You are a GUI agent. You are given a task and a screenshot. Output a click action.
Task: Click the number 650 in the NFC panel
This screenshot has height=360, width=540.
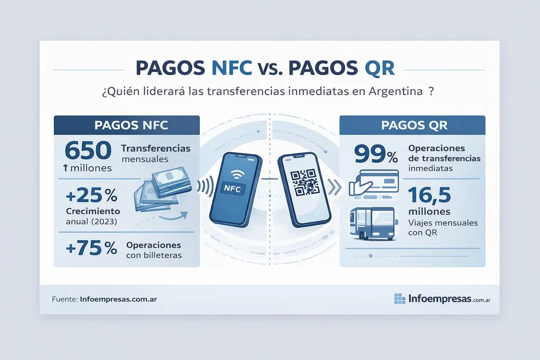pyautogui.click(x=88, y=151)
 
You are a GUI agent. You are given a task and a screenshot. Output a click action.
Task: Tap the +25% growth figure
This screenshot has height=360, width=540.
pyautogui.click(x=91, y=196)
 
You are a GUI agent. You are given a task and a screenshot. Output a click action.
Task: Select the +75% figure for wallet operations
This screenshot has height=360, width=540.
pyautogui.click(x=91, y=248)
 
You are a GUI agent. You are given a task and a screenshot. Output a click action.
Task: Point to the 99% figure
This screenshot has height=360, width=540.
pyautogui.click(x=376, y=154)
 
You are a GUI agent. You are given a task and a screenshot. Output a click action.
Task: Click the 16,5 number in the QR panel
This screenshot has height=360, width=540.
pyautogui.click(x=429, y=195)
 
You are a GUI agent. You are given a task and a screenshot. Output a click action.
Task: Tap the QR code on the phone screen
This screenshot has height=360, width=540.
pyautogui.click(x=303, y=182)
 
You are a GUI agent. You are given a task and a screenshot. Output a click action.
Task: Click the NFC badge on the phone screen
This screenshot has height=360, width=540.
pyautogui.click(x=232, y=188)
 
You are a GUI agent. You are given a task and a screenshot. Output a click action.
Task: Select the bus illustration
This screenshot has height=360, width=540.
pyautogui.click(x=373, y=223)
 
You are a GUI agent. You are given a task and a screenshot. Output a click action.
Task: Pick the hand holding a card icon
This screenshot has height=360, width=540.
pyautogui.click(x=374, y=183)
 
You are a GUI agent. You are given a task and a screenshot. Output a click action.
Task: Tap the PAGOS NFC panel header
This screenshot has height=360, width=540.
pyautogui.click(x=127, y=125)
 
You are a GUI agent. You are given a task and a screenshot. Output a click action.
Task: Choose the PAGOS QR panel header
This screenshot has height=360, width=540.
pyautogui.click(x=412, y=125)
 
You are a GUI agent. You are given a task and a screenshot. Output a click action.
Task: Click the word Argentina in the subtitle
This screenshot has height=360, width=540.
pyautogui.click(x=395, y=91)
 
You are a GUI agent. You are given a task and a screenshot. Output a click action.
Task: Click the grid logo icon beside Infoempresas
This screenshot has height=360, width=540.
pyautogui.click(x=400, y=298)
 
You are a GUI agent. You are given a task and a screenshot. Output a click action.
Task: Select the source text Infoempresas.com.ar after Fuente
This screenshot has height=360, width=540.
pyautogui.click(x=118, y=299)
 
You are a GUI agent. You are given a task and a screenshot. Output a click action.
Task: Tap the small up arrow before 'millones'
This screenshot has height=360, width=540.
pyautogui.click(x=65, y=168)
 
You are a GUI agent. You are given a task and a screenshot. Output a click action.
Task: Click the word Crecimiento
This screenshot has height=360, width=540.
pyautogui.click(x=93, y=211)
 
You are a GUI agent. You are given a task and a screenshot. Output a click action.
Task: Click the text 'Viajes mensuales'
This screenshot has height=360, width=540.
pyautogui.click(x=443, y=223)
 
